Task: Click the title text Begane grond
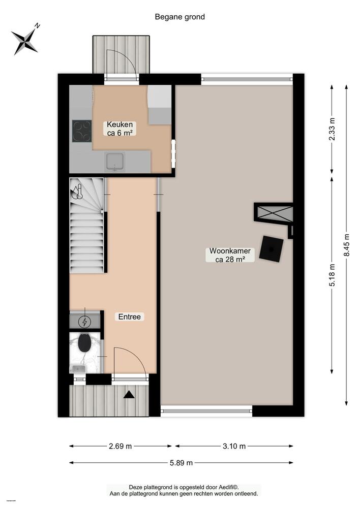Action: (179, 17)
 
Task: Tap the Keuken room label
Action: (119, 129)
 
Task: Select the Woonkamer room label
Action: (230, 255)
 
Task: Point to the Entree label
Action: (129, 317)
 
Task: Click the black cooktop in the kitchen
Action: (82, 131)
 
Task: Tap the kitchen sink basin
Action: (115, 162)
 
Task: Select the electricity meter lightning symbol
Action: (85, 322)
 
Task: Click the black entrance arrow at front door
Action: (129, 394)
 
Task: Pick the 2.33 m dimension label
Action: (332, 129)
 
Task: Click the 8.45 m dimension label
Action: (346, 245)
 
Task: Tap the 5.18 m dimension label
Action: (332, 275)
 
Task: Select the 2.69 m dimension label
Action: (120, 446)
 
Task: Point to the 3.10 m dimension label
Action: (234, 446)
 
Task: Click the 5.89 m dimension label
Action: (181, 463)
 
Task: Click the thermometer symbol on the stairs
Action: (77, 192)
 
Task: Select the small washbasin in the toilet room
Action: (78, 368)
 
